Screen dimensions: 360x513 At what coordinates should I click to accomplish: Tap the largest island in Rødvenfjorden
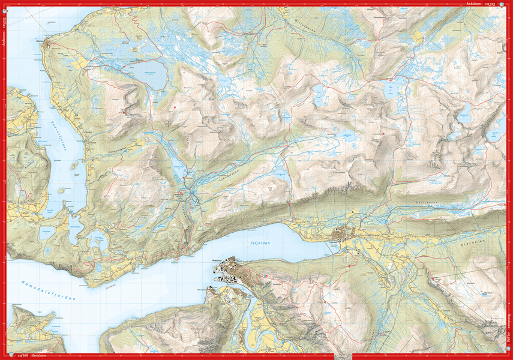74,164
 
